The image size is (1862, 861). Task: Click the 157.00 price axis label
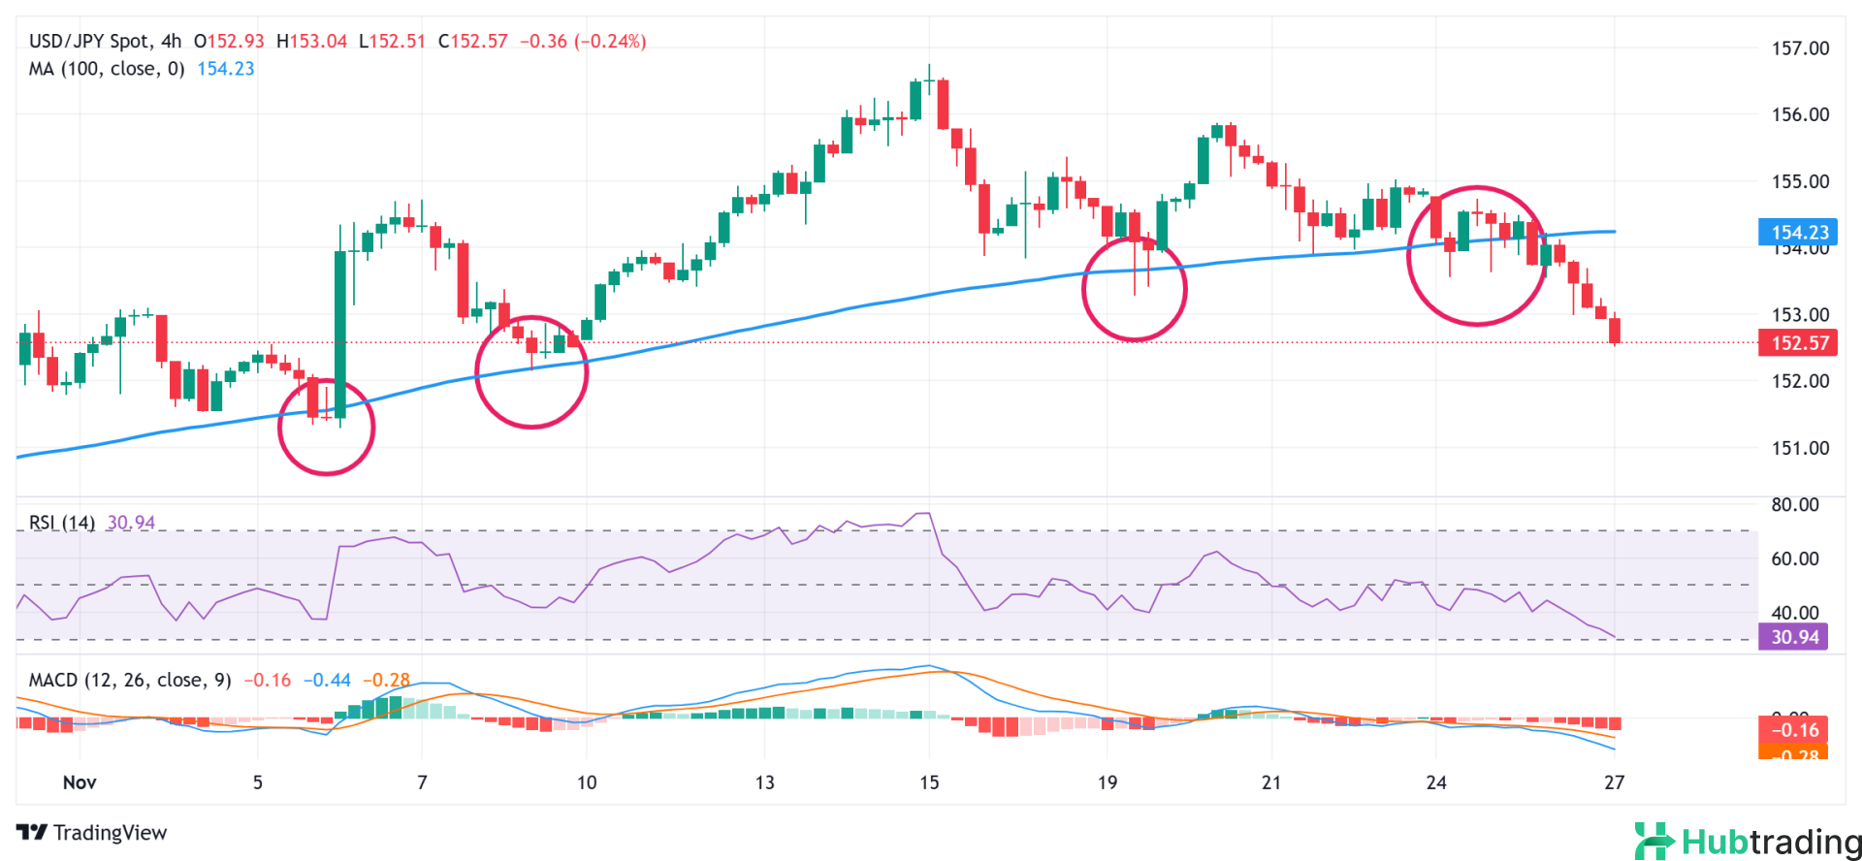click(1800, 48)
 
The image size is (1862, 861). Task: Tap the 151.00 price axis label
click(1800, 448)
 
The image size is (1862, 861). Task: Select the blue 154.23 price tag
click(1798, 232)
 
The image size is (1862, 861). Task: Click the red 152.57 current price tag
click(1798, 343)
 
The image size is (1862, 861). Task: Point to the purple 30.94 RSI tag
click(1794, 637)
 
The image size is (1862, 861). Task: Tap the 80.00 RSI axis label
click(1795, 505)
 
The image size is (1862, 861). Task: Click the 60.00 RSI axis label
click(1795, 558)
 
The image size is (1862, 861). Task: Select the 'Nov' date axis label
click(80, 782)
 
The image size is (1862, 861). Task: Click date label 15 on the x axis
click(929, 782)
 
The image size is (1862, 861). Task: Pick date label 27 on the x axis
click(1614, 782)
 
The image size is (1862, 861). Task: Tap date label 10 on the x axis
click(587, 782)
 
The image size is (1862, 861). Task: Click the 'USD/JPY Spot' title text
click(89, 42)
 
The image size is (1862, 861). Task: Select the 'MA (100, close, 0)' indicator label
click(107, 69)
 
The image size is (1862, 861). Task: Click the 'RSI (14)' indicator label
click(62, 523)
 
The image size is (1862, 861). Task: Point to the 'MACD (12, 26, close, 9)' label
click(130, 680)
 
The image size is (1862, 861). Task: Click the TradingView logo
click(92, 833)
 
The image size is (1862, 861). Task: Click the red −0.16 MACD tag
click(1793, 730)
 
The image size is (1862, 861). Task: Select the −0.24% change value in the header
click(610, 42)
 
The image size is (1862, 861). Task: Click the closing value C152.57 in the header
click(473, 42)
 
